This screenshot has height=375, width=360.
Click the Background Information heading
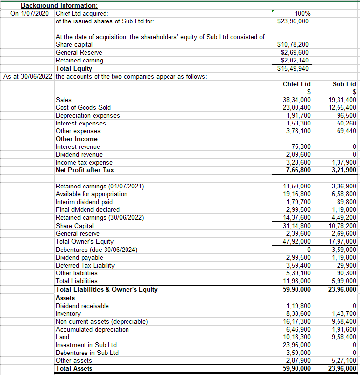(x=59, y=5)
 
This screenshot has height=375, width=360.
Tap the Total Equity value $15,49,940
(x=293, y=68)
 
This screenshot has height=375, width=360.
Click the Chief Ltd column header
(x=296, y=84)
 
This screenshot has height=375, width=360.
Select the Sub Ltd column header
(x=344, y=84)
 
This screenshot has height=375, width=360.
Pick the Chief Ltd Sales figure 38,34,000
(x=297, y=100)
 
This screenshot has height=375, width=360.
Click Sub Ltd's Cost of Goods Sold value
(x=342, y=107)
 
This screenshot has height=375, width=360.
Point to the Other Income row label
(x=77, y=139)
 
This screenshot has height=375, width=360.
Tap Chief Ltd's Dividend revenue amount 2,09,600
(x=298, y=154)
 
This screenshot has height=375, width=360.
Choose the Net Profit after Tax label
(x=85, y=170)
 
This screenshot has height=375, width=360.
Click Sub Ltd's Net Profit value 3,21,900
(x=343, y=170)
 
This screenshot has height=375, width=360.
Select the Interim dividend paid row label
(x=85, y=202)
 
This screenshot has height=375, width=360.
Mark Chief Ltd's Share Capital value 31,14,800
(x=297, y=226)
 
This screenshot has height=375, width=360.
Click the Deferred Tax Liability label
(x=85, y=265)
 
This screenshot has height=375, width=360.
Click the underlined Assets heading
(x=65, y=297)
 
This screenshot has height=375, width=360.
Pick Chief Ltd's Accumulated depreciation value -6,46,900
(x=297, y=329)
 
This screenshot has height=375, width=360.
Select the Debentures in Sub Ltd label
(x=87, y=353)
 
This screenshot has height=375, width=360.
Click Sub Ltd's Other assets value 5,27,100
(x=344, y=360)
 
